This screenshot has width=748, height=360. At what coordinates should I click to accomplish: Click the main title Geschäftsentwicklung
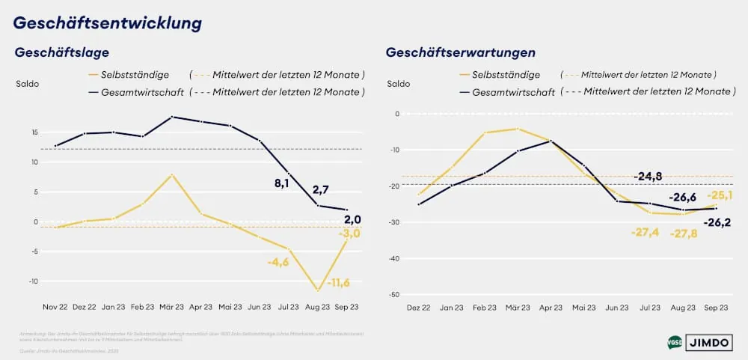coord(108,22)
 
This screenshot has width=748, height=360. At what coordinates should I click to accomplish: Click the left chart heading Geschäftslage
coord(62,52)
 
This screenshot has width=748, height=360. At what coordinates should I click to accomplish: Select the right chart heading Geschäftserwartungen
coord(460,52)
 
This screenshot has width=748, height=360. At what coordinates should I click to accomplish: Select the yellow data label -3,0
coord(350,234)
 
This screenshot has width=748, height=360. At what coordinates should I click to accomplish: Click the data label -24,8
coord(648,177)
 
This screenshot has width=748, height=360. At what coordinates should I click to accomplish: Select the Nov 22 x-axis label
coord(55,307)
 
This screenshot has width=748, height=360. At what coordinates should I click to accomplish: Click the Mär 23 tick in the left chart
coord(171,307)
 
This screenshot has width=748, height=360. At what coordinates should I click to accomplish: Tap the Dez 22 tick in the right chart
coord(418,307)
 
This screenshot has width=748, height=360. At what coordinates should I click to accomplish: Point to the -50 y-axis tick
coord(393,295)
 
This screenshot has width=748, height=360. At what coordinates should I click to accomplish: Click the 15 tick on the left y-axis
coord(35,132)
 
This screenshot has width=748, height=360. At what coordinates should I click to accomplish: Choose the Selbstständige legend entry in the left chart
coord(140,75)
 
